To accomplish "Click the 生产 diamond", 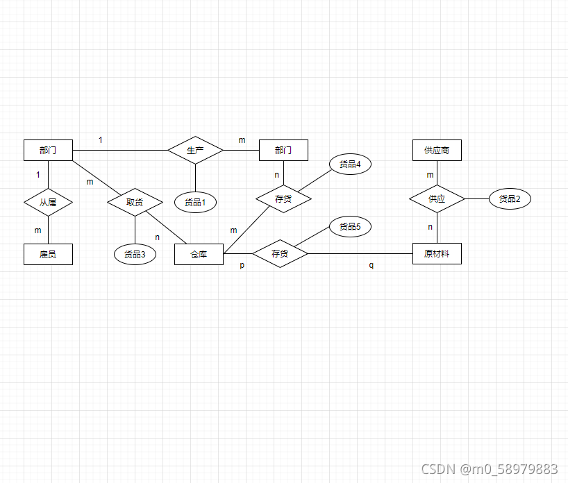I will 195,150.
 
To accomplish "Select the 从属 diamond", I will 48,203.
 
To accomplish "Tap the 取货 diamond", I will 135,202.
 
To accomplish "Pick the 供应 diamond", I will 437,199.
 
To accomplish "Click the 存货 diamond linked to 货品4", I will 283,199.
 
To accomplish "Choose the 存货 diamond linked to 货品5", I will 280,254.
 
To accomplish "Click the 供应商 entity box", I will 437,150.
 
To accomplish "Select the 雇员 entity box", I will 48,254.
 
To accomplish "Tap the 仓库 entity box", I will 199,254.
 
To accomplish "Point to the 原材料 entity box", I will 437,254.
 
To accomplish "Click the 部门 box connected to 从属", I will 48,150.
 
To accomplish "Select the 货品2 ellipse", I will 510,199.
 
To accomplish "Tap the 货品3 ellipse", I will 135,254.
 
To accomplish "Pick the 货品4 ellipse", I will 350,164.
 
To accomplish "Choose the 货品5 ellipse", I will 350,226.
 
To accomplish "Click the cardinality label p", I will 242,266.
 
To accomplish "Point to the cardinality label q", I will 371,266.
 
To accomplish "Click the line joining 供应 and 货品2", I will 477,199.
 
